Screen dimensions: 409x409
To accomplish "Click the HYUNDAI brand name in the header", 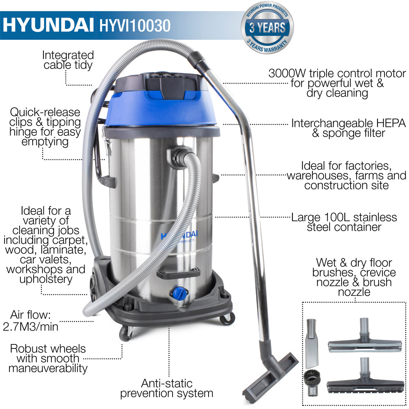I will (x=48, y=24).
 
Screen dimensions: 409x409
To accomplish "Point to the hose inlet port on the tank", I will (x=179, y=157).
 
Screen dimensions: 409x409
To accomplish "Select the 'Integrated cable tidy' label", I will (x=67, y=60).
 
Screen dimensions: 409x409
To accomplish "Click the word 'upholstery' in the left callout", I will (x=46, y=279).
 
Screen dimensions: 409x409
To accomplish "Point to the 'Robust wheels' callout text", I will (x=48, y=349).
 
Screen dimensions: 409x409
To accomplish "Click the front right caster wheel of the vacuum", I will (x=227, y=319).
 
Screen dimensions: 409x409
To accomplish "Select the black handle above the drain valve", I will (x=181, y=273).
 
